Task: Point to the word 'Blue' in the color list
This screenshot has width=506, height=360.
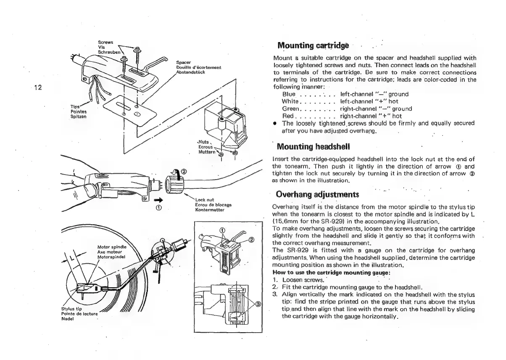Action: click(289, 94)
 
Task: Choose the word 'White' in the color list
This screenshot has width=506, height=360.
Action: click(290, 101)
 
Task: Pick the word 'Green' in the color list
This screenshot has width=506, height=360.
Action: click(291, 109)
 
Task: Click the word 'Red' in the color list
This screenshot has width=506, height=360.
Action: click(288, 116)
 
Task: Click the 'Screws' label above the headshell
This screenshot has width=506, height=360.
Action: click(103, 42)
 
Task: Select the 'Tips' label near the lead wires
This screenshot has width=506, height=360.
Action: click(75, 107)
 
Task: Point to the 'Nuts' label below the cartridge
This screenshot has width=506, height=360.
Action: click(203, 142)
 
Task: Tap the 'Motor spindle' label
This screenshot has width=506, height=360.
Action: click(109, 246)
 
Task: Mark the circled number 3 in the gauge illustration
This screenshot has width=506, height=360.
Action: click(258, 304)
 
